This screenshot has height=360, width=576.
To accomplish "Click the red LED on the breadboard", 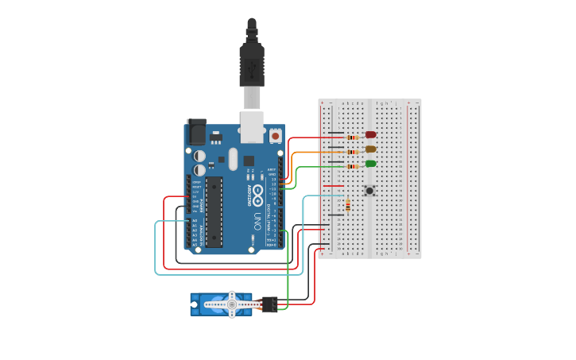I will [x=370, y=135].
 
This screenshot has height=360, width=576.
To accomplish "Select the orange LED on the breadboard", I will [x=370, y=149].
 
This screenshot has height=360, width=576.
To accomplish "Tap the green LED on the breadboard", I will [x=370, y=164].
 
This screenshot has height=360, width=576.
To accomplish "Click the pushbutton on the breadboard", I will [x=369, y=190].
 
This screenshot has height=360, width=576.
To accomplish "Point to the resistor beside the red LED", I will [x=352, y=137].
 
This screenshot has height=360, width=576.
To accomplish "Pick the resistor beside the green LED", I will [x=352, y=167].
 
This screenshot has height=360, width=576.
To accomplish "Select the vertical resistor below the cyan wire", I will [x=347, y=206].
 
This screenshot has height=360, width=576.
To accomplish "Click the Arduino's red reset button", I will [x=275, y=136].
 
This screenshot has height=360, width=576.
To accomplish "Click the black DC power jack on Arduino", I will [x=196, y=132].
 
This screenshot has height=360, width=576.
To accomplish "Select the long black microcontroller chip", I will [x=214, y=212].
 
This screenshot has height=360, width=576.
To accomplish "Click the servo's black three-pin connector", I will [x=269, y=303].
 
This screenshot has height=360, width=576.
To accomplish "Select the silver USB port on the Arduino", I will [x=252, y=126].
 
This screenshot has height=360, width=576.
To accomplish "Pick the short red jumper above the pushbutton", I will [x=335, y=186].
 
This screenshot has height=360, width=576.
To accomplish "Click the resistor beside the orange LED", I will [x=352, y=152].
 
